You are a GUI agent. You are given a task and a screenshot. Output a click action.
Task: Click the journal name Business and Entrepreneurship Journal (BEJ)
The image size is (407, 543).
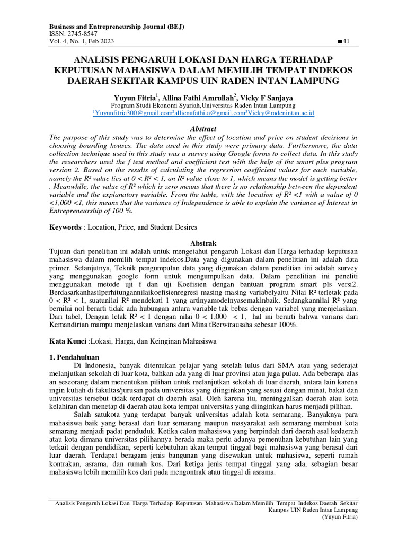tap(117, 27)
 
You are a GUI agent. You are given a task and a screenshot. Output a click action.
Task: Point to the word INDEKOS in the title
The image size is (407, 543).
tap(325, 70)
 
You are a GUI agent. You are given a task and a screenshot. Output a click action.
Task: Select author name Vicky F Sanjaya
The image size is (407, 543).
tap(267, 99)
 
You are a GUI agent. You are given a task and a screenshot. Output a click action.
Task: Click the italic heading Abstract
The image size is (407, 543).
tap(203, 128)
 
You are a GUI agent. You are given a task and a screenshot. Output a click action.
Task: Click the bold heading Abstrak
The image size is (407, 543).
tap(203, 242)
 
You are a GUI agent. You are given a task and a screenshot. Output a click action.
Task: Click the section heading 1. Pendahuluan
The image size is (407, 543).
tap(74, 357)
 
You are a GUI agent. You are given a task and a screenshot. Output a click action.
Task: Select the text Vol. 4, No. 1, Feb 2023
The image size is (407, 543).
tap(82, 41)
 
